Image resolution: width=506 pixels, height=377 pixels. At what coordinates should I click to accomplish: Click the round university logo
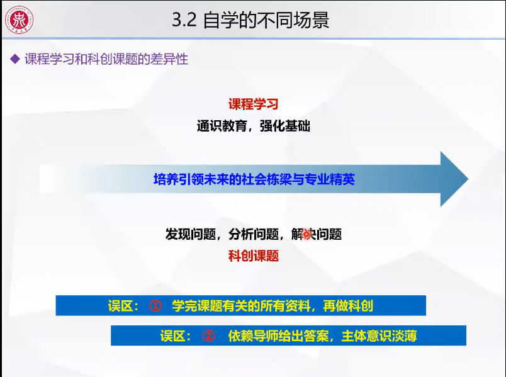(20, 20)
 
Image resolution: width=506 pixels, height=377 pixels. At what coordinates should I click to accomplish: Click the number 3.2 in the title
(184, 21)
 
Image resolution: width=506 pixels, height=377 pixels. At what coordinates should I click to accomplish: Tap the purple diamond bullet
(15, 60)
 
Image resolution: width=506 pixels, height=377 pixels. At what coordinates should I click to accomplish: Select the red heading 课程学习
(253, 104)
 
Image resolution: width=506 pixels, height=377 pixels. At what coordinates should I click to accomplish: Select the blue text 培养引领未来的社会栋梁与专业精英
(254, 179)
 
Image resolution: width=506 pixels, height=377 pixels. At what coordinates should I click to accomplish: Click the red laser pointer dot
(307, 235)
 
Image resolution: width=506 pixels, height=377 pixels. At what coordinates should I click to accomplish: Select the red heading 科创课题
(253, 256)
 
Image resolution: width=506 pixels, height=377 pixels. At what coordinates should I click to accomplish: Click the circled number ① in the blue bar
(156, 306)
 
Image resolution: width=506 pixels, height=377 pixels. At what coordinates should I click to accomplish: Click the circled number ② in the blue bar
(208, 335)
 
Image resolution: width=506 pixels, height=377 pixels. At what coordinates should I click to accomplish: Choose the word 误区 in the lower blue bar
(176, 335)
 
